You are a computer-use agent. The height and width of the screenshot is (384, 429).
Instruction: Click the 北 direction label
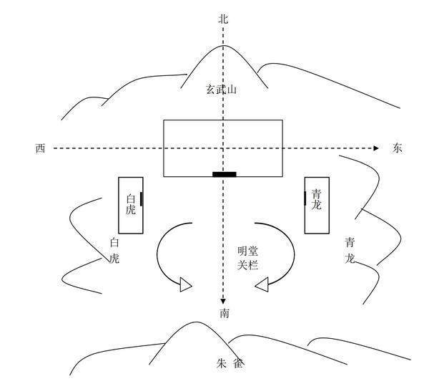coord(223,19)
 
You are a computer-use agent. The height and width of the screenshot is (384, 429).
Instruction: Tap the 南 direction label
coord(225,313)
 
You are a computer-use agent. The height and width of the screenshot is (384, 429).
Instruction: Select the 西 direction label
coord(41,148)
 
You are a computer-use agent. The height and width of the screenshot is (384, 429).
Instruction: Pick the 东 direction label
coord(398,148)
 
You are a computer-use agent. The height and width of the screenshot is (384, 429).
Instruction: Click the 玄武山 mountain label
coord(222,90)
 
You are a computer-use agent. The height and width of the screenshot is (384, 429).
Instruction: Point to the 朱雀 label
coord(230,364)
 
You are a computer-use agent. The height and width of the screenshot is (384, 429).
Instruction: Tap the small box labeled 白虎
coord(131,205)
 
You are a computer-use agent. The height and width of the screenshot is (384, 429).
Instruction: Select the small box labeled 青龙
coord(317,205)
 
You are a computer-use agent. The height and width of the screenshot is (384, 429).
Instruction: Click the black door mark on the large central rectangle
coord(224,174)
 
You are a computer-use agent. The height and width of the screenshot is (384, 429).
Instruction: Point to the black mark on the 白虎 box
coord(142,198)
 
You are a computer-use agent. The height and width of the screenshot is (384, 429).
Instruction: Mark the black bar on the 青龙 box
coord(305,198)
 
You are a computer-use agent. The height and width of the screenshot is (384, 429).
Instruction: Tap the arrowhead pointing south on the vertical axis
coord(224,301)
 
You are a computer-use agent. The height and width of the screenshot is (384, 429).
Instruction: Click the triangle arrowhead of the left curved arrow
coord(186,285)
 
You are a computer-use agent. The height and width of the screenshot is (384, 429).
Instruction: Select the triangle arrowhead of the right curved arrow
coord(262,286)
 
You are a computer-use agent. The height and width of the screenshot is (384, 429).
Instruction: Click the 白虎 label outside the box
coord(114,251)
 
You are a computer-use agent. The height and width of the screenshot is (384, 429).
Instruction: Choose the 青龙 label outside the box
coord(349,250)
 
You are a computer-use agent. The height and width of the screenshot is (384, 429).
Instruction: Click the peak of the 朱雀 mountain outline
coord(193,323)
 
